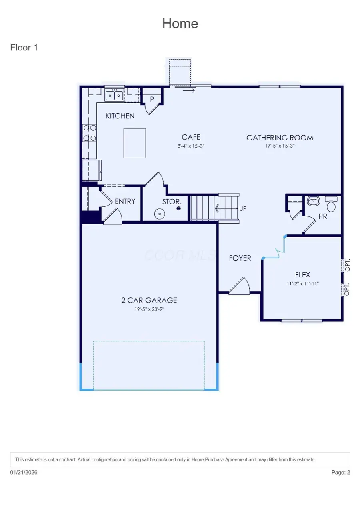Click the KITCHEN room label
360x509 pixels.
tap(120, 116)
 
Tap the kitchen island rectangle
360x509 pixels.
tap(134, 143)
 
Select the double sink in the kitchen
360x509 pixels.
tap(114, 95)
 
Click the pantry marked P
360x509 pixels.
tap(152, 99)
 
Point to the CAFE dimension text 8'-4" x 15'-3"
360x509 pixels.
tap(191, 146)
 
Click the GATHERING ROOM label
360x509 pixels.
tap(280, 138)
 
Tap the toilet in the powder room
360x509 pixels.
tap(331, 205)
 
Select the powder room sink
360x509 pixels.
tap(314, 201)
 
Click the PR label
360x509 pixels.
tap(323, 217)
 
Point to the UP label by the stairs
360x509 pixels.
tap(243, 208)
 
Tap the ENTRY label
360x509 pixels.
tap(125, 202)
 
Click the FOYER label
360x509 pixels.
tap(240, 258)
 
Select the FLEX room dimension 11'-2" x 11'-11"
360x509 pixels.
tap(302, 284)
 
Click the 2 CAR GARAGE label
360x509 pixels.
tap(149, 300)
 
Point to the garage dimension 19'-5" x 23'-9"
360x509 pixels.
tap(149, 309)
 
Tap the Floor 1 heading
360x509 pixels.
tap(24, 48)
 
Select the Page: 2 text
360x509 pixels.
tap(341, 472)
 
